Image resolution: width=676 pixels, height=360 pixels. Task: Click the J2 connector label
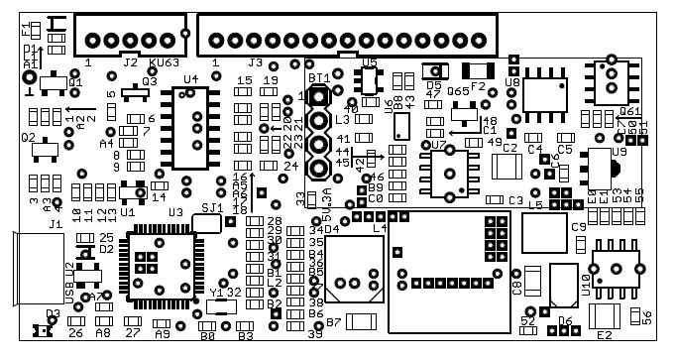pos(130,62)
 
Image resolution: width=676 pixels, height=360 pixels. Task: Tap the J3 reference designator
pos(256,62)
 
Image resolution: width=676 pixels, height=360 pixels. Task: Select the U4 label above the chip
pos(190,79)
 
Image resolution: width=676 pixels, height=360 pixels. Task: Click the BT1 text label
pos(319,77)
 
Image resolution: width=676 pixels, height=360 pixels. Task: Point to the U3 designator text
pos(175,212)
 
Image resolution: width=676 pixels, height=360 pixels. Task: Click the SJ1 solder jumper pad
pos(206,224)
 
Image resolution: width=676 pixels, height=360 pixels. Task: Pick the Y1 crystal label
pos(217,293)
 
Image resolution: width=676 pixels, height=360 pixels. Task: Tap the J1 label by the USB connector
pos(56,225)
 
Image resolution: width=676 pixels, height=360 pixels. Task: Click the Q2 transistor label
pos(28,138)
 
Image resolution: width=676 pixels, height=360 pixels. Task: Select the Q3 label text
pos(149,81)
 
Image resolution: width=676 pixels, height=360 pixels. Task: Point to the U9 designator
pos(620,152)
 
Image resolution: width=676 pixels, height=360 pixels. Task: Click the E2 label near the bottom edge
pos(604,335)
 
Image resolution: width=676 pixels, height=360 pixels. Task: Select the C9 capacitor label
pos(579,227)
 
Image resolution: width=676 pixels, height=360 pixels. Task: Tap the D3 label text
pos(53,313)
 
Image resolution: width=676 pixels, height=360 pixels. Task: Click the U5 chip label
pos(370,61)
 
